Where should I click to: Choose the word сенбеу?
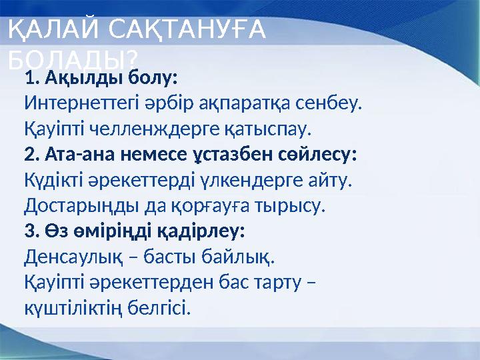[x=329, y=104]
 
